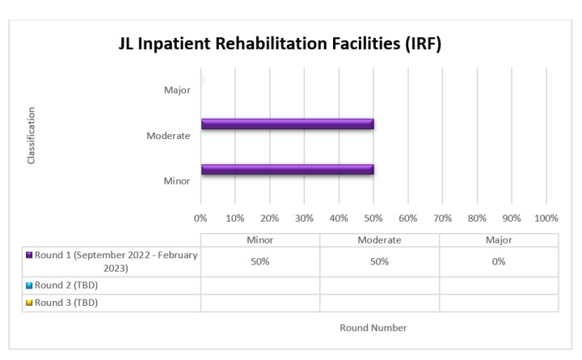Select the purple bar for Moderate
click(287, 124)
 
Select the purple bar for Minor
click(287, 169)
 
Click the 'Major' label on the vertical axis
click(177, 90)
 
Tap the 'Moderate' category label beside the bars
click(168, 135)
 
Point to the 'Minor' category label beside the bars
click(177, 180)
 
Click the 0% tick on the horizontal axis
click(200, 218)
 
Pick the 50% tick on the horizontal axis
click(373, 218)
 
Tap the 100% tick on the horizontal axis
click(546, 218)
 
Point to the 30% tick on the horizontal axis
click(304, 218)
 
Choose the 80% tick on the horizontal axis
click(477, 218)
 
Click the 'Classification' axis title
click(32, 136)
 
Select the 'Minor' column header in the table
click(259, 240)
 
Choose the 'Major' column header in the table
click(499, 240)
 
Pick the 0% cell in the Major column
click(499, 261)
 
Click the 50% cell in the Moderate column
click(379, 261)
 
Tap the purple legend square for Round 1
click(29, 255)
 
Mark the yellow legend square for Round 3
click(29, 303)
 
